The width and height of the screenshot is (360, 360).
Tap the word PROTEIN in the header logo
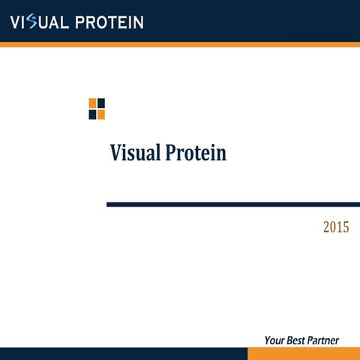(106, 22)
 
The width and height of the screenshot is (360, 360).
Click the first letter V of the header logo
(15, 22)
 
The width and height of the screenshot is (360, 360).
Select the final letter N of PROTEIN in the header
(137, 22)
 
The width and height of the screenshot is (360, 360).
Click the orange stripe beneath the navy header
(180, 44)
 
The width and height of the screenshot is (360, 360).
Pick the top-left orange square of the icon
(92, 103)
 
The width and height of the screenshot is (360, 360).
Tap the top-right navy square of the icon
(101, 103)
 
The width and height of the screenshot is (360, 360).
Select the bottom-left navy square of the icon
(92, 114)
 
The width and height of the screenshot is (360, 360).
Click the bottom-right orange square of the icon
(101, 114)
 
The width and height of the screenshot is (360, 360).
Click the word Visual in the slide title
(135, 153)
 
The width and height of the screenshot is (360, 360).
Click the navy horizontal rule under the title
(232, 204)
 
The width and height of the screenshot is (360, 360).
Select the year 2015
(336, 227)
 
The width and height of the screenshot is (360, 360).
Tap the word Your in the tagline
(274, 340)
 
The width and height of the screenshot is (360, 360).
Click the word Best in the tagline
(295, 340)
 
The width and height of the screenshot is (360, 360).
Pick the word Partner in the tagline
(323, 340)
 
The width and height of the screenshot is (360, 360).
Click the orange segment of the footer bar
(304, 354)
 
